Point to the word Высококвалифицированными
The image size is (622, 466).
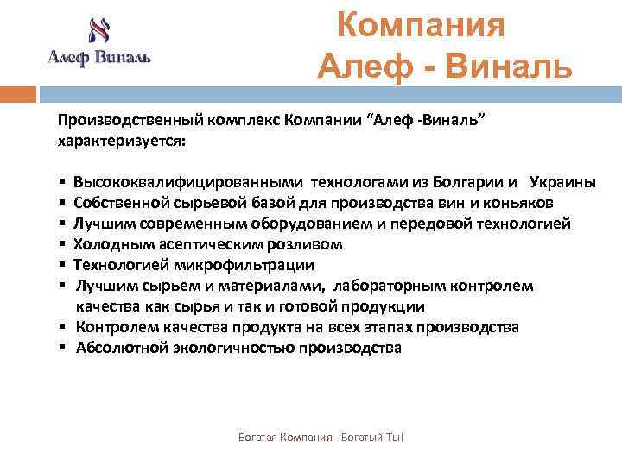click(188, 182)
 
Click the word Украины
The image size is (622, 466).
click(562, 182)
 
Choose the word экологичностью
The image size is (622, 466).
click(230, 348)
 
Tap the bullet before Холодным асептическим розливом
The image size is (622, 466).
click(64, 244)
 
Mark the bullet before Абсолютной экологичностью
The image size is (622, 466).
click(64, 348)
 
